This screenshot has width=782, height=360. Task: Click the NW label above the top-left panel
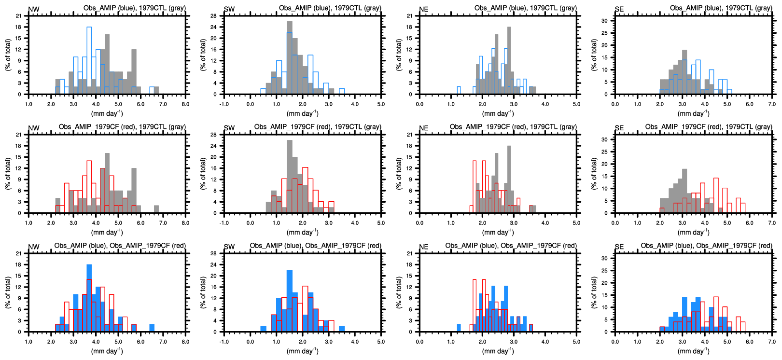(x=34, y=9)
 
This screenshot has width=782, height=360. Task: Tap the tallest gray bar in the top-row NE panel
(x=509, y=60)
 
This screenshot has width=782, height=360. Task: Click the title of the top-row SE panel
(x=721, y=8)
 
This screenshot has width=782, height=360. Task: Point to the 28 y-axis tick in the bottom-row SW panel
(x=213, y=253)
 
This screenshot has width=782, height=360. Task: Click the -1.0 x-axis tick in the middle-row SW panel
(x=224, y=223)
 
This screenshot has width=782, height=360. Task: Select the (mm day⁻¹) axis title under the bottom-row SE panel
(x=693, y=351)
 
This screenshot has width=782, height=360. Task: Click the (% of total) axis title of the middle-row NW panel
(x=8, y=174)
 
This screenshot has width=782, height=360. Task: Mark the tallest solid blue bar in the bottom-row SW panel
(x=289, y=301)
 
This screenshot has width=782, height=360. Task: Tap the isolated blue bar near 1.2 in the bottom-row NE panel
(x=459, y=328)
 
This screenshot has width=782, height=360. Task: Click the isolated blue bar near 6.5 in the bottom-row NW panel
(x=152, y=328)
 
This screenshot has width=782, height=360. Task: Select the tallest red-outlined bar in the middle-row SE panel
(x=716, y=195)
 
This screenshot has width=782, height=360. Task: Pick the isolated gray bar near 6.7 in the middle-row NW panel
(x=156, y=209)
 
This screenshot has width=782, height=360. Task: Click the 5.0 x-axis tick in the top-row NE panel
(x=576, y=104)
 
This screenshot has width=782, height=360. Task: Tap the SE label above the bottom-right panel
(x=619, y=247)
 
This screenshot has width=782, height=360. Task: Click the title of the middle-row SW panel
(x=318, y=126)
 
